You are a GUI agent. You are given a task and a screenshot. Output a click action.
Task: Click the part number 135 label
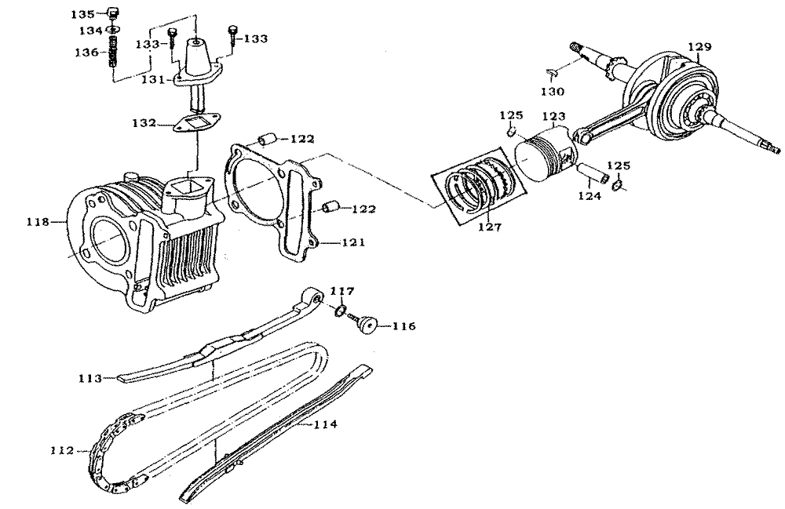(82, 14)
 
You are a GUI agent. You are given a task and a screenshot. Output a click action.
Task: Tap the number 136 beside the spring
(87, 52)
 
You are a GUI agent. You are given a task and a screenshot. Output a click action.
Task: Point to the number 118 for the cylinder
(38, 221)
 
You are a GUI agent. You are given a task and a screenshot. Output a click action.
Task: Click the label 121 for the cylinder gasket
(353, 243)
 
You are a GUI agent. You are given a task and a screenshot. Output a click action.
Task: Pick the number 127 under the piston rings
(490, 227)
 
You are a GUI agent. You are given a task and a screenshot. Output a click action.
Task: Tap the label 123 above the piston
(553, 117)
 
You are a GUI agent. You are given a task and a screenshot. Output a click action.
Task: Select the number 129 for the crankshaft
(699, 46)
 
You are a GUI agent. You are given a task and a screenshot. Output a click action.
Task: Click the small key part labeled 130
(551, 74)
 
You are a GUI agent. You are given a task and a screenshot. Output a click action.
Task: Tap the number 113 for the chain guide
(90, 379)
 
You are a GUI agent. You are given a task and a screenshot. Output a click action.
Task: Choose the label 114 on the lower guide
(326, 424)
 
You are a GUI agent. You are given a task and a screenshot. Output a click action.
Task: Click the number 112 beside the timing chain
(62, 450)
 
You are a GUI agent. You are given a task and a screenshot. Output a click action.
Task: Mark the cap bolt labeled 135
(113, 13)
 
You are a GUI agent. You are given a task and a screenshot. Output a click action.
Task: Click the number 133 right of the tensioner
(255, 38)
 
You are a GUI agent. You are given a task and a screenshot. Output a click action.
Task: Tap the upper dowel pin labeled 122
(267, 139)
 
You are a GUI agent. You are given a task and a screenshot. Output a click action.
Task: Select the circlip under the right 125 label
(618, 187)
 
